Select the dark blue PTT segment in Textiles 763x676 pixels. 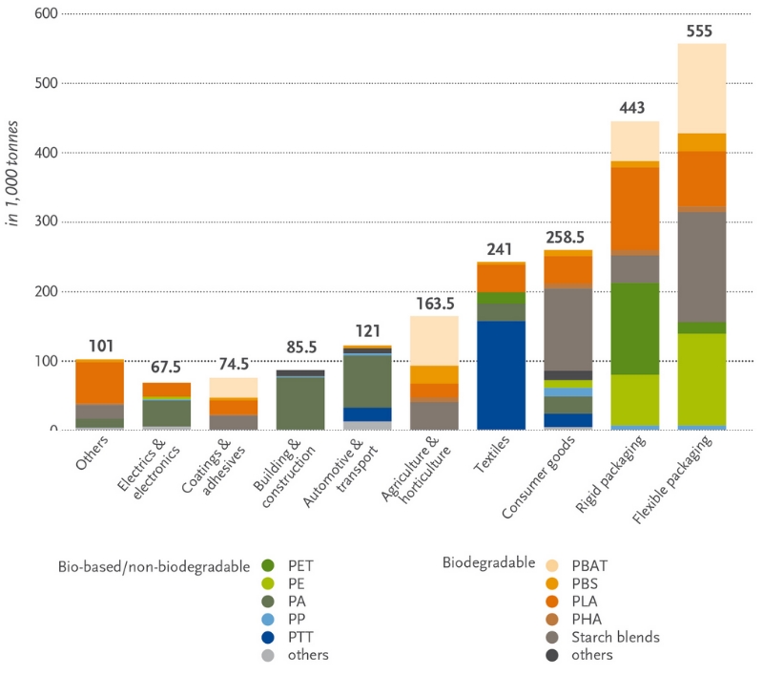[501, 375]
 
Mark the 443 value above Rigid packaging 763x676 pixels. [634, 108]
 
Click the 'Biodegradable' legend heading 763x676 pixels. [488, 563]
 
